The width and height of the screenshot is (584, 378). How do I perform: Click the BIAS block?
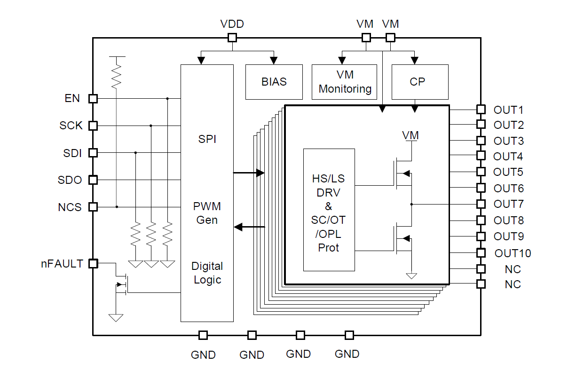(x=274, y=82)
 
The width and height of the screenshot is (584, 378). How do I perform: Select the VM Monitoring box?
(x=345, y=82)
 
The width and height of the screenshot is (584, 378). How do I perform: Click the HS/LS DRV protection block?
(x=329, y=210)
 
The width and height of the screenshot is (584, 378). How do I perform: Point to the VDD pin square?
(x=232, y=38)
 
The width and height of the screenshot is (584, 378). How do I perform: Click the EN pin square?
(x=93, y=99)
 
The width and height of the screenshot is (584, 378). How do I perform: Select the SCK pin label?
(x=71, y=126)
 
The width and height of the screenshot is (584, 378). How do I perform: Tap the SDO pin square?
(x=93, y=180)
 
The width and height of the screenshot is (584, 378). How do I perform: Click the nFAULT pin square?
(x=93, y=264)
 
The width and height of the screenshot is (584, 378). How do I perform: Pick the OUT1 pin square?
(x=481, y=109)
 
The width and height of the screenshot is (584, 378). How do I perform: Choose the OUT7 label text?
(x=508, y=204)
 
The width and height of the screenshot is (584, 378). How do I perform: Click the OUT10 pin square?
(x=481, y=252)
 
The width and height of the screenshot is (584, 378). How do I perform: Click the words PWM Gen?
(x=207, y=213)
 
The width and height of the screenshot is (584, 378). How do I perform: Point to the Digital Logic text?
(x=207, y=273)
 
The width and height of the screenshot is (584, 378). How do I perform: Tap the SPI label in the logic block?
(x=207, y=139)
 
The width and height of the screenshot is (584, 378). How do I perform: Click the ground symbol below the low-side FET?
(x=411, y=276)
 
